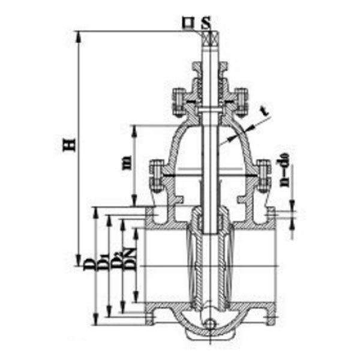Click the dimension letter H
tap(70, 145)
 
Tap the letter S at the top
tap(206, 25)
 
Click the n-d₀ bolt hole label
tap(286, 170)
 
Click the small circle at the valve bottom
tap(209, 325)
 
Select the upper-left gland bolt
tap(178, 100)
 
